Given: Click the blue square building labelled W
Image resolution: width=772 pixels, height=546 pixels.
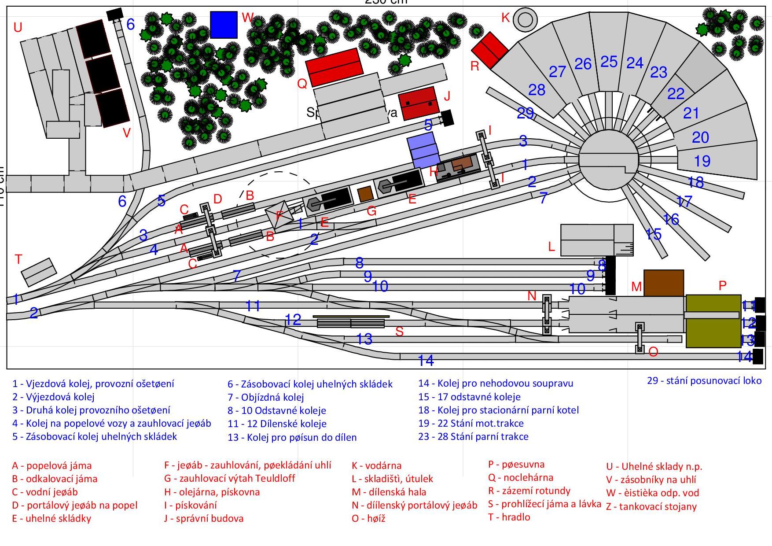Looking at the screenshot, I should tap(224, 25).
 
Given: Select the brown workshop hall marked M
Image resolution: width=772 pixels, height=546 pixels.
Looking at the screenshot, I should tap(663, 283).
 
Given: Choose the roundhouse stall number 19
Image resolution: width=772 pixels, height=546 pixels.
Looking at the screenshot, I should tap(702, 161).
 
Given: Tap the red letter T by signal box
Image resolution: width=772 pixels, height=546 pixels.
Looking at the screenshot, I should tap(18, 259).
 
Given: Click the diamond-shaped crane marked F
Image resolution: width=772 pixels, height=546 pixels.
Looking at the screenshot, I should tap(279, 216).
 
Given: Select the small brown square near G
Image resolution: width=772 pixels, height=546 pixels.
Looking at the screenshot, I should tap(364, 194).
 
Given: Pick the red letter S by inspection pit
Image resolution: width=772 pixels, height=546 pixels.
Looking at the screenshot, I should tap(399, 332).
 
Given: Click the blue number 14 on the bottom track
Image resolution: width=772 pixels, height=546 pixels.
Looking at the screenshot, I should tap(426, 361).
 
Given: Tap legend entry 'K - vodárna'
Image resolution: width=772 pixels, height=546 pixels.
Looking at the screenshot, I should tap(376, 465).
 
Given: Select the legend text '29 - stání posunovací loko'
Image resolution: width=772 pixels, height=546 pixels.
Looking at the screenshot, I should tap(704, 380).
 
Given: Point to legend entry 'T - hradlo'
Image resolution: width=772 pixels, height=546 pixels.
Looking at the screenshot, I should tap(509, 517).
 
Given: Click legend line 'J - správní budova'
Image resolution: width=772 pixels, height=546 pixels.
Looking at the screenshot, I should tap(203, 518).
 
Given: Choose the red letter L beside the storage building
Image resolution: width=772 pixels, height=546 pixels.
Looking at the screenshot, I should tap(551, 247).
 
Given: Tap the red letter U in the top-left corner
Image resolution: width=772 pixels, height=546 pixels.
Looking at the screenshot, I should tap(18, 28).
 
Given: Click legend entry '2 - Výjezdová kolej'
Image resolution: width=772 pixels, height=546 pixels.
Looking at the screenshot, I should tap(53, 397).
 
